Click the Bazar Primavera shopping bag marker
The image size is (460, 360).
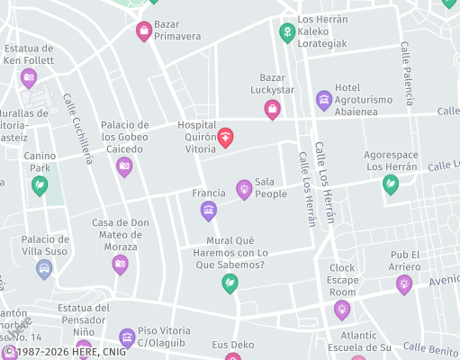point(143,31)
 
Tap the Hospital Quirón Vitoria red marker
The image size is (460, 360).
point(225,137)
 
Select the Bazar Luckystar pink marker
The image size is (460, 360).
point(272,109)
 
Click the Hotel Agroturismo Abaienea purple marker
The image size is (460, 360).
point(324,99)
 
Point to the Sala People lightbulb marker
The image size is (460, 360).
point(243,188)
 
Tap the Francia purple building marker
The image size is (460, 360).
point(209,211)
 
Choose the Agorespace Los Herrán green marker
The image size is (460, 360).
point(391,184)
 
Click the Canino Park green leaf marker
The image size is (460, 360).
point(40,185)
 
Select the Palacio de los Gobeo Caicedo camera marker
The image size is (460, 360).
point(124,166)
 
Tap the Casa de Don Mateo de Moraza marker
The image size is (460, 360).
point(120,264)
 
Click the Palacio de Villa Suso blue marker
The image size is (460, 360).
point(44,267)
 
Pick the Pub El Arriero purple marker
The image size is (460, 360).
point(404,284)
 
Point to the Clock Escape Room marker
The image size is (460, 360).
point(342,310)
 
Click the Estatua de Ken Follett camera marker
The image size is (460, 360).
point(29,78)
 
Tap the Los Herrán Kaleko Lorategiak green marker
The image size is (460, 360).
point(287,33)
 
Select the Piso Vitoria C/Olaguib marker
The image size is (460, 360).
point(127,337)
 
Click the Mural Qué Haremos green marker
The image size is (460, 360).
point(230,283)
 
